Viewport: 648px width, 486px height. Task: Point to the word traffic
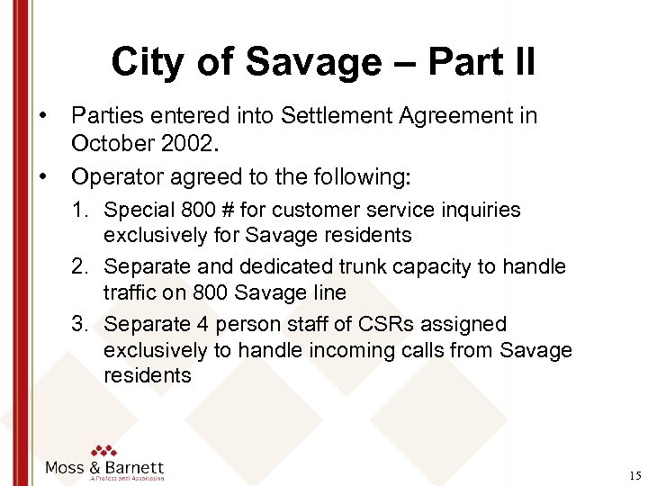click(131, 292)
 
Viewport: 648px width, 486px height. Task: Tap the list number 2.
click(81, 267)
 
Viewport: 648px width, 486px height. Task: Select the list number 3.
click(81, 324)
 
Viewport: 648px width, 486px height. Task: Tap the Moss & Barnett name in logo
click(105, 467)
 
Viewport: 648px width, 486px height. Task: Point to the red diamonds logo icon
click(104, 449)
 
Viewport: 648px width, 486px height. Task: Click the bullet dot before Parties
click(42, 115)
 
